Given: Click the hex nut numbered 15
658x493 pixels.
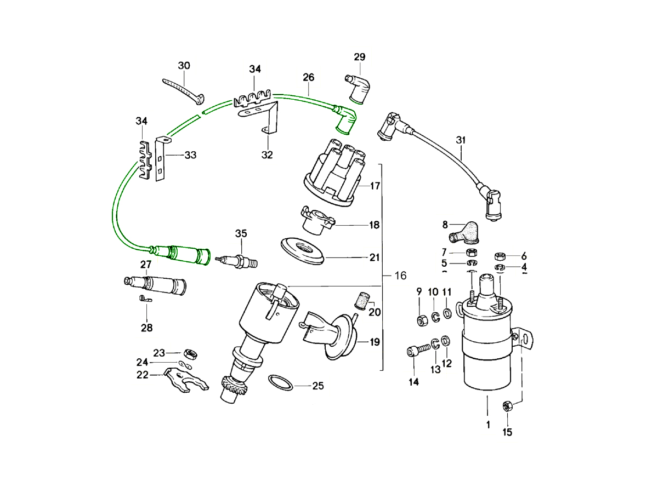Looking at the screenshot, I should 507,406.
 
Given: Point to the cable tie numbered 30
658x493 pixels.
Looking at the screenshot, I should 182,89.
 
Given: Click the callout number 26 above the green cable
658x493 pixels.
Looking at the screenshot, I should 308,78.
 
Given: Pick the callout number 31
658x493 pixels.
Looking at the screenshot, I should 461,140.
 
